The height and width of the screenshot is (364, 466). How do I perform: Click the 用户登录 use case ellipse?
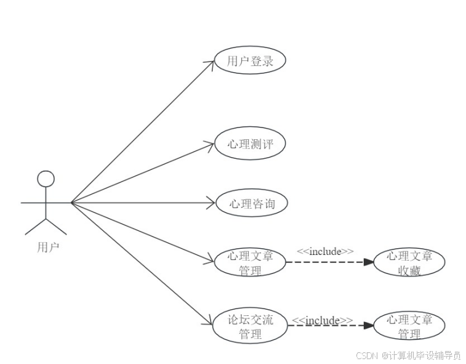coord(250,61)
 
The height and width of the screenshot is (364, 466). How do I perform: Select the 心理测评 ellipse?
coord(250,144)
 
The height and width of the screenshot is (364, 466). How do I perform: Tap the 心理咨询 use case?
coord(251,204)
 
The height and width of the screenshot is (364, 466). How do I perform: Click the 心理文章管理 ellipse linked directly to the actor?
coord(250,263)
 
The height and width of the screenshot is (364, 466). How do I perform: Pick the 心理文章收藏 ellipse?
coord(409,263)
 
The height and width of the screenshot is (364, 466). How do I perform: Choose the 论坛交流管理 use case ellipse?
coord(250,327)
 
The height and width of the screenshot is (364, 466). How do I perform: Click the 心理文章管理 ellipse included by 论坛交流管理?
coord(409,327)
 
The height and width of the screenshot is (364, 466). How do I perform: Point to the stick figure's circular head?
coord(46,179)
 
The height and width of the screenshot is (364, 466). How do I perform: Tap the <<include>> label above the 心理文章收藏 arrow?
coord(325,251)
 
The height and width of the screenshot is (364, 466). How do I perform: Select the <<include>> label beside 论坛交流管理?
coord(322,321)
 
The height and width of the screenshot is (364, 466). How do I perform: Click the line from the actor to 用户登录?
coord(142,132)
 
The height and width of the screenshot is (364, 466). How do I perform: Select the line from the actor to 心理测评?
coord(142,173)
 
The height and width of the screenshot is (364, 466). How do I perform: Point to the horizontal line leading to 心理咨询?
coord(142,202)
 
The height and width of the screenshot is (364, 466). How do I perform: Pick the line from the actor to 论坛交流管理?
coord(142,262)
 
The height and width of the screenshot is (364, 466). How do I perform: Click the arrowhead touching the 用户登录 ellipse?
coord(209,64)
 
